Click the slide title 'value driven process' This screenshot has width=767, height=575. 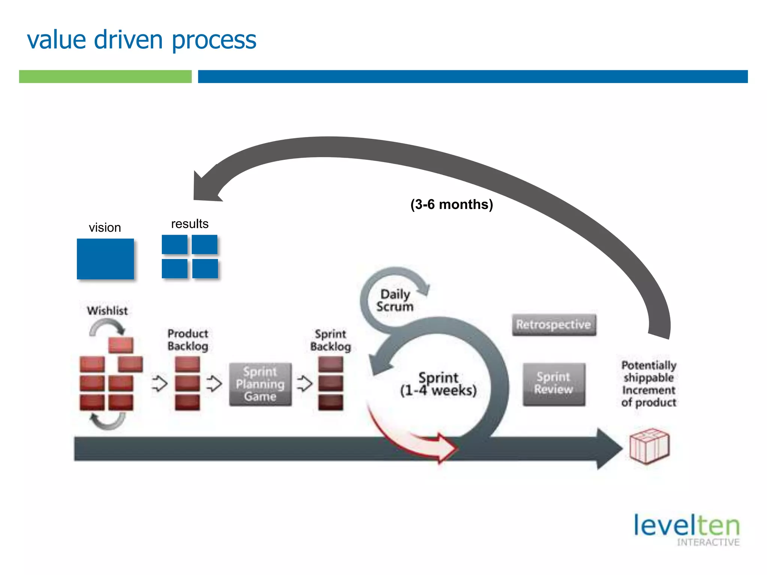[142, 40]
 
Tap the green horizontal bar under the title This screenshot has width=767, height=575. [105, 76]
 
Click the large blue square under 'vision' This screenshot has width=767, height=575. [105, 259]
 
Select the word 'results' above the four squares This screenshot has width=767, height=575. [190, 224]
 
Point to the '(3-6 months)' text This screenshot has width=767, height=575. [451, 204]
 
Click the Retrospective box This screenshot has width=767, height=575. [554, 325]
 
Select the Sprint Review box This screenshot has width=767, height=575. [554, 384]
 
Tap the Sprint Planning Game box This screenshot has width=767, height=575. [260, 384]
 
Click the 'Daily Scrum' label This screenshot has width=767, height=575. [395, 300]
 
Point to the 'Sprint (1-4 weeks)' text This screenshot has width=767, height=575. [438, 384]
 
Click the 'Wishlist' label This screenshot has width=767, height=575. [107, 311]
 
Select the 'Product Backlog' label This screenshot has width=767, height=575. [188, 340]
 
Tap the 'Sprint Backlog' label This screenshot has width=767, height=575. [330, 340]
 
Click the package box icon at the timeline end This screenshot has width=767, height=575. [649, 446]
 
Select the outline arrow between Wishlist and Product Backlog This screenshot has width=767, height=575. [160, 383]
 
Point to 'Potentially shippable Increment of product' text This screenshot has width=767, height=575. [649, 384]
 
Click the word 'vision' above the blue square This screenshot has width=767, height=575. [105, 228]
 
